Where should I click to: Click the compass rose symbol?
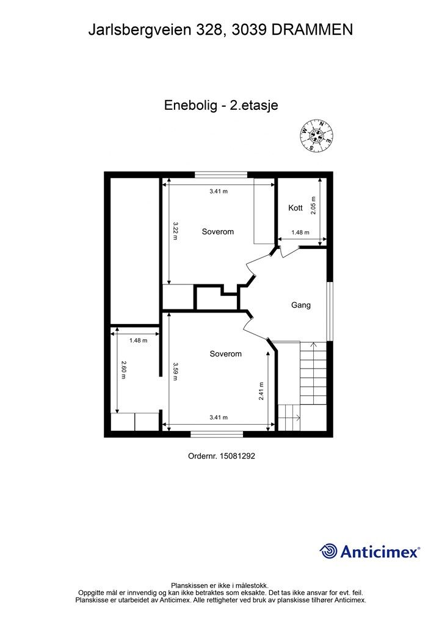point(317,134)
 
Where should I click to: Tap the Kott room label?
point(295,208)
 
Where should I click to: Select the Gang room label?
point(300,305)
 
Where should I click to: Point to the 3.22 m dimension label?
point(175,231)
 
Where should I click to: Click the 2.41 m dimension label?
point(261,391)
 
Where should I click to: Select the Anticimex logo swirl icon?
point(328,551)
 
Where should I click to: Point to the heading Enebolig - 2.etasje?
point(221,105)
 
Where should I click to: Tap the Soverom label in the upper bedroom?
point(218,231)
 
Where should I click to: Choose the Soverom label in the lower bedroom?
point(225,354)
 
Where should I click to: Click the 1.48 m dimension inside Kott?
point(300,232)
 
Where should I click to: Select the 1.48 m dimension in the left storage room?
point(138,341)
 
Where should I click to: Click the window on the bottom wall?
point(217,434)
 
